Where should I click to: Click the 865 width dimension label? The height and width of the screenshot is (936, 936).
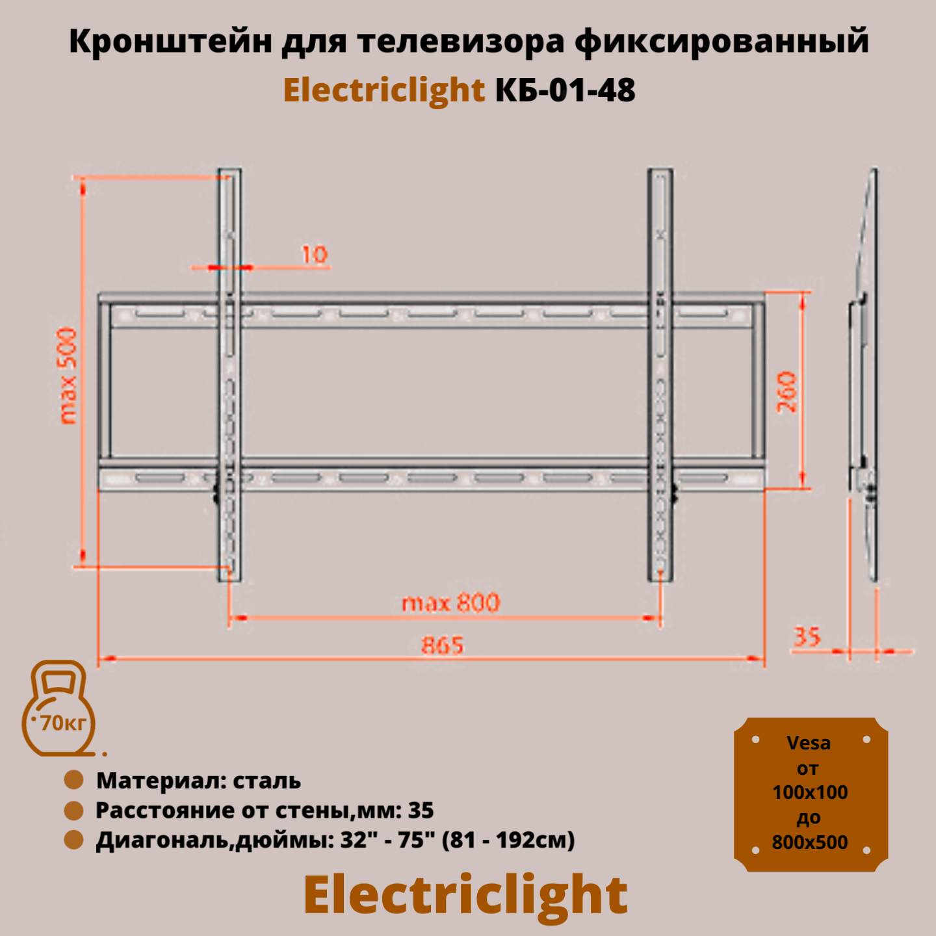point(443,645)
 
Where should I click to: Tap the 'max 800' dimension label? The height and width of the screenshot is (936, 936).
point(451,603)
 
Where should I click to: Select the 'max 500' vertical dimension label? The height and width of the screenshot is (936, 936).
point(68,375)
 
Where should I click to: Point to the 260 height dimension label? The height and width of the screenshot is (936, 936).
point(787,391)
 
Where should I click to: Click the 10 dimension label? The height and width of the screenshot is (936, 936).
point(315,254)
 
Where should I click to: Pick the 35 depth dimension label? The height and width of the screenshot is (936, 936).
point(807,636)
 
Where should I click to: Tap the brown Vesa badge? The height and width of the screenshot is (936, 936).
point(811,794)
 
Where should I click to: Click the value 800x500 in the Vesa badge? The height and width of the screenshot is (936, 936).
point(810,842)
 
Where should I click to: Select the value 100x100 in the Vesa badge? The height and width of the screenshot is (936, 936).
point(810,792)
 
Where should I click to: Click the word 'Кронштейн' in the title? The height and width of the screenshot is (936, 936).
point(170,42)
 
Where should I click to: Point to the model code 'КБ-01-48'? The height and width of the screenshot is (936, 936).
point(565,90)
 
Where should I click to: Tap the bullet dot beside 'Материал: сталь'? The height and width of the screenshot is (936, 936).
point(74,780)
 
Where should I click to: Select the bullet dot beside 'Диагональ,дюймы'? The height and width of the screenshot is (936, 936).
point(74,840)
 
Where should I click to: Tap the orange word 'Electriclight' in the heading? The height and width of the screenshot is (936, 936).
point(384,90)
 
